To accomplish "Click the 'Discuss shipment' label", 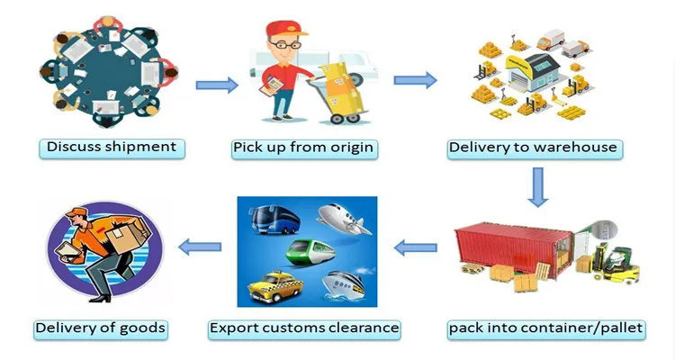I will coord(112,147).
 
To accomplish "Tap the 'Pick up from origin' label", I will coord(302,147).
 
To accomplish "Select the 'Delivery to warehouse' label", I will coord(533,147).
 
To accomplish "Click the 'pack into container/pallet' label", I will coord(546,328).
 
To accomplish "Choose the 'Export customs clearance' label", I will coord(304,328).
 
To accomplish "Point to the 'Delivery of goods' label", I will coord(100,328).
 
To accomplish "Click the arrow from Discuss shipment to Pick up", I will coord(217,85).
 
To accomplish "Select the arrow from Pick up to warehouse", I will coord(415,80).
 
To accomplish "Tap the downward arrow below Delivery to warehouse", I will coord(538,186).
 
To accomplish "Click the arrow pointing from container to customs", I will coord(420,244).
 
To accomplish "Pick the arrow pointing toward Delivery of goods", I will coord(201,244).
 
